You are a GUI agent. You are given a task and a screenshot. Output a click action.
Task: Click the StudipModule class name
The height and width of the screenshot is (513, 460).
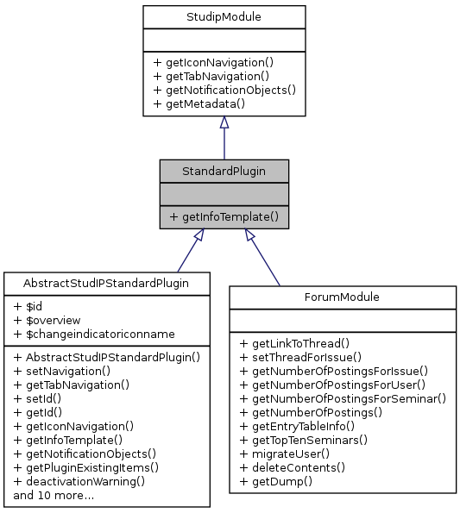[x=224, y=16]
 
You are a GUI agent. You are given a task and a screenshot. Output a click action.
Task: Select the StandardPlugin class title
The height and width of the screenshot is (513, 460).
[x=224, y=170]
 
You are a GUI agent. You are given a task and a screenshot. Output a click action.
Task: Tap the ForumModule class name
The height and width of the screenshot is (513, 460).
[x=342, y=297]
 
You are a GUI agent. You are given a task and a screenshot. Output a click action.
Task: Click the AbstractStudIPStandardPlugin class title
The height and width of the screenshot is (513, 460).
[x=107, y=283]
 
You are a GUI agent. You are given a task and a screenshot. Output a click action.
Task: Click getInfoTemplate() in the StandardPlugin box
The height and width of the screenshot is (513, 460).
[x=224, y=217]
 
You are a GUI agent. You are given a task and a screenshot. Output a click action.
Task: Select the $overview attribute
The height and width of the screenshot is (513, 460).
[x=47, y=320]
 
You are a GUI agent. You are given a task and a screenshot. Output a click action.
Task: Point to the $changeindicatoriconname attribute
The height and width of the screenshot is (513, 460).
[x=95, y=334]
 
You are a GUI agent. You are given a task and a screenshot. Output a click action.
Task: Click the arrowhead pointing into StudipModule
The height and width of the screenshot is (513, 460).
[x=224, y=123]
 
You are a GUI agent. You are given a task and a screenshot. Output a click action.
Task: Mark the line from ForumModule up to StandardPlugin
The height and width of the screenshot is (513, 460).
[x=263, y=258]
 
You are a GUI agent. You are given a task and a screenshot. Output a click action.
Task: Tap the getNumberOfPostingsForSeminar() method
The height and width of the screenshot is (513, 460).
[x=343, y=398]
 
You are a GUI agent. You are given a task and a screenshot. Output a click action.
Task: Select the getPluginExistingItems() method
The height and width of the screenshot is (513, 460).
[x=86, y=467]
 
